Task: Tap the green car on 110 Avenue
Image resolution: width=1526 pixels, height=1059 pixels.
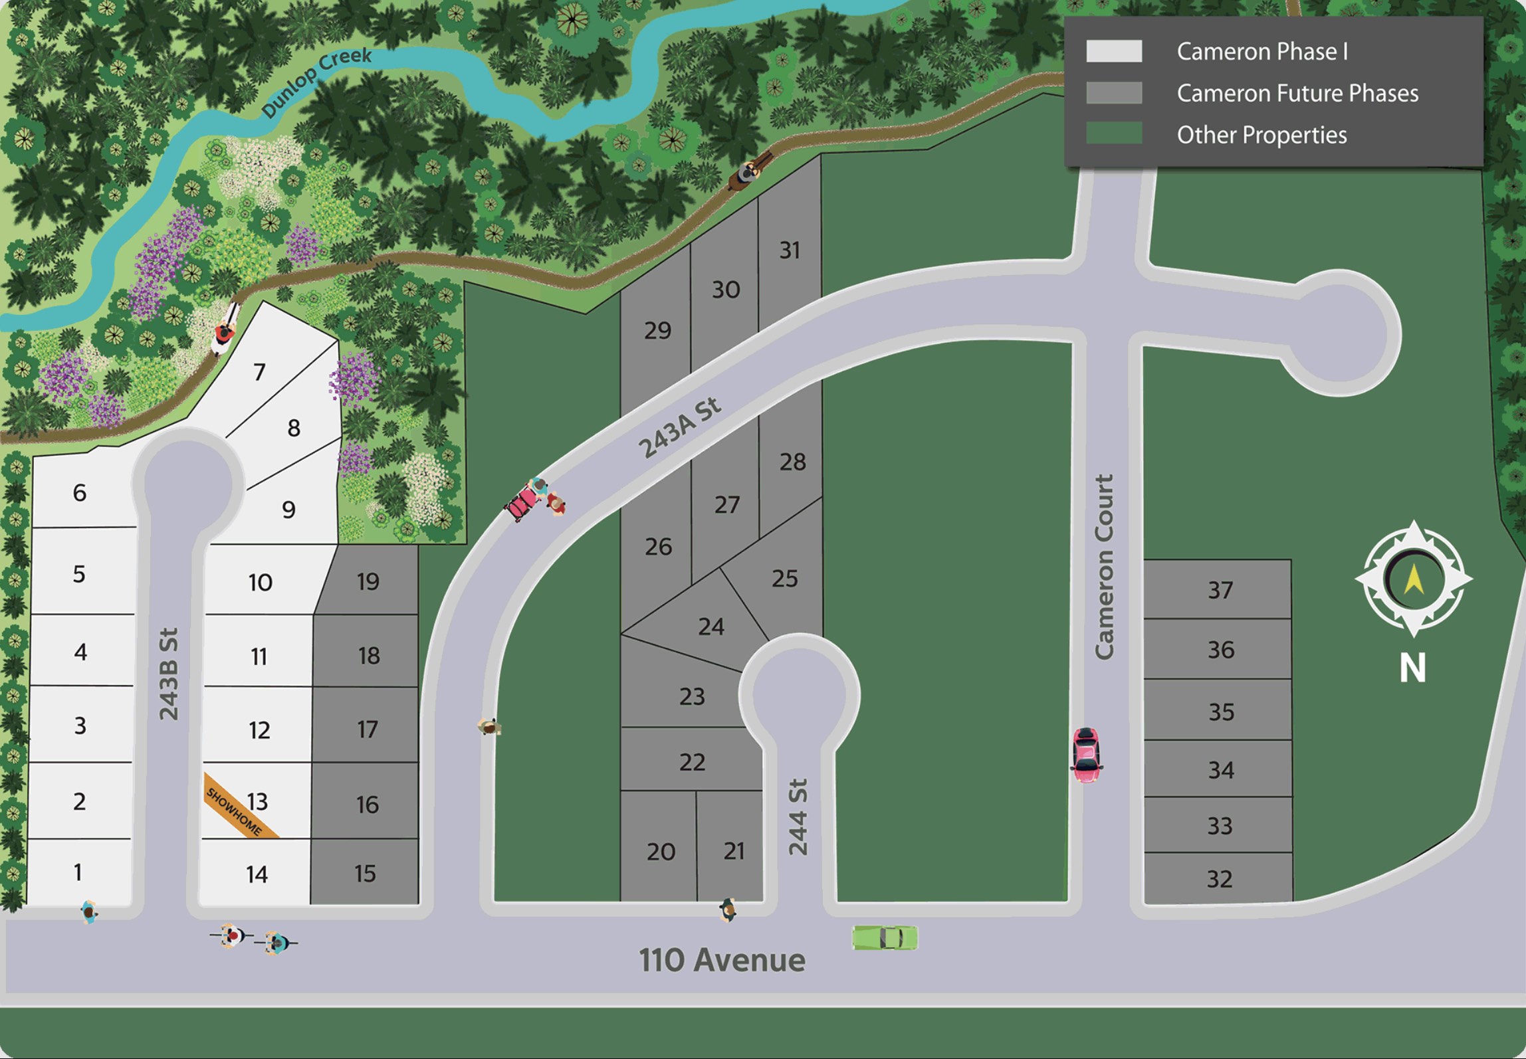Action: (885, 937)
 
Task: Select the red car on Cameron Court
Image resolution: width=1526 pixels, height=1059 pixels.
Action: (1085, 755)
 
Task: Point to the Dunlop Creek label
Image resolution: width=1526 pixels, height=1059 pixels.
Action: (316, 82)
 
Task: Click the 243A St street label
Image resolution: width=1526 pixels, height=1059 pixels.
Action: (679, 429)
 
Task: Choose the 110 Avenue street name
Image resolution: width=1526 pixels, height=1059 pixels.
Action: (722, 960)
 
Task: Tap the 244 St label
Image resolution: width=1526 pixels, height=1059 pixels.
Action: (798, 817)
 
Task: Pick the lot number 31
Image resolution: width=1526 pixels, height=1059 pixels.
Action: (790, 250)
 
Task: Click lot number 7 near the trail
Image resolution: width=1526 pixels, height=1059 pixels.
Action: (259, 371)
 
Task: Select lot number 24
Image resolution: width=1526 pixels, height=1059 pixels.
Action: (710, 626)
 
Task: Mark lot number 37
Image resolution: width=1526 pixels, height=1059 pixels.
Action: (1220, 590)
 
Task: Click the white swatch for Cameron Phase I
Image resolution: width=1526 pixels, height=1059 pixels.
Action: (1114, 51)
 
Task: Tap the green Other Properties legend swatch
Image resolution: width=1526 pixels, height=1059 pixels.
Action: (1114, 134)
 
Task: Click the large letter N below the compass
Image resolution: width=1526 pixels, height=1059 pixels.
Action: (1412, 668)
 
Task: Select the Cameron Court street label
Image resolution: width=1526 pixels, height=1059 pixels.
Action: (1104, 567)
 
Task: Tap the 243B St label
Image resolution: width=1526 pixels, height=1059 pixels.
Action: (169, 674)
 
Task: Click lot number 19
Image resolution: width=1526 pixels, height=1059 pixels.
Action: (368, 582)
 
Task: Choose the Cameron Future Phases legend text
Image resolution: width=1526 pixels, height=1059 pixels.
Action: (1297, 93)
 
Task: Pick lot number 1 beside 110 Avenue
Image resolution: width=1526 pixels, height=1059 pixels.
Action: (78, 872)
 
